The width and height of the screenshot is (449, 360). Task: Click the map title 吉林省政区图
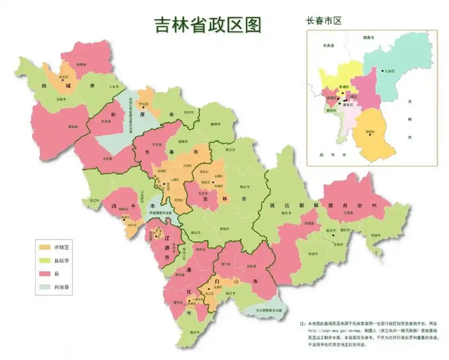pyautogui.click(x=208, y=25)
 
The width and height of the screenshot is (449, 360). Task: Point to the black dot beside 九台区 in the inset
pyautogui.click(x=382, y=71)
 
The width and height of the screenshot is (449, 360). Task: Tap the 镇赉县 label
pyautogui.click(x=81, y=64)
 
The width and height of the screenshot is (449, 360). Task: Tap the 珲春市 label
pyautogui.click(x=376, y=235)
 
